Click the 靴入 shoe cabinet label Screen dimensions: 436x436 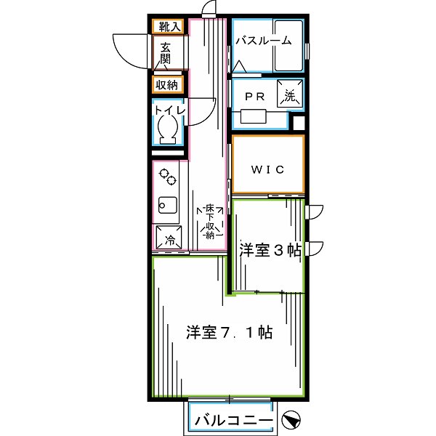tap(169, 28)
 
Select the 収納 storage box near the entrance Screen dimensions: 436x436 tap(167, 85)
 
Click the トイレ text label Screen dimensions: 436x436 tap(169, 110)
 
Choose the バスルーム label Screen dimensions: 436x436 tap(263, 41)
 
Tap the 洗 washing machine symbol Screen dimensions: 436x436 tap(290, 95)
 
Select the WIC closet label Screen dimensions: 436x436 tap(267, 169)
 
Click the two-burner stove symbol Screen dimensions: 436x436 tap(168, 177)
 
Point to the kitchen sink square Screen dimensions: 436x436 tap(168, 206)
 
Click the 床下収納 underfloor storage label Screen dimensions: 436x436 tap(209, 222)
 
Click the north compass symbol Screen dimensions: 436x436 tap(291, 420)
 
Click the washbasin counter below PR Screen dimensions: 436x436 tap(255, 117)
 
